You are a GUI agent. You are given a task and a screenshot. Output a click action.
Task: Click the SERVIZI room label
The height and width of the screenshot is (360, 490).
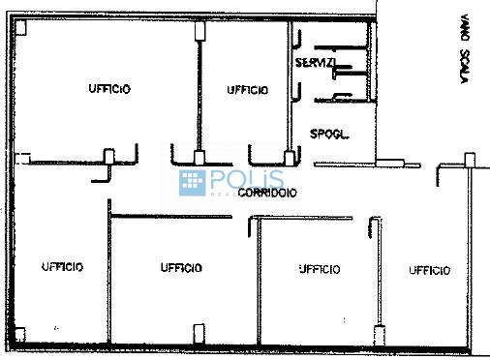click(x=316, y=62)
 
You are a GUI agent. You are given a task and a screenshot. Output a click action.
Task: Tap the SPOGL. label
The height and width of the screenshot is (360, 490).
click(x=328, y=133)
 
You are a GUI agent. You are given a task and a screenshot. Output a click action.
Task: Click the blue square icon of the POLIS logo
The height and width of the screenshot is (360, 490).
click(x=192, y=182)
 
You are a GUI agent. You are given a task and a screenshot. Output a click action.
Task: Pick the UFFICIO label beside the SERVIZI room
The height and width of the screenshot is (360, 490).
click(x=247, y=90)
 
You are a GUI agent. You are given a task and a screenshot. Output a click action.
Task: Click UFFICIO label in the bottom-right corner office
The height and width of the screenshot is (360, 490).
click(x=429, y=271)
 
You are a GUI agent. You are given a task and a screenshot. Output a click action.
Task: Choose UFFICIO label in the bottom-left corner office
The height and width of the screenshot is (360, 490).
click(x=61, y=267)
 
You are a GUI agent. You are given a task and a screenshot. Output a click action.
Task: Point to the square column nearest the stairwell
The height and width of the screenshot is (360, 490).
click(x=469, y=157)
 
